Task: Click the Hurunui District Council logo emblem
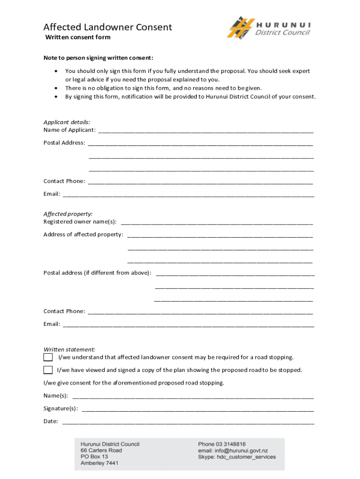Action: pos(240,28)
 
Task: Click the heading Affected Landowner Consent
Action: pos(108,27)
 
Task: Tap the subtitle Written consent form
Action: pos(78,37)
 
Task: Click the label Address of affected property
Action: pos(83,234)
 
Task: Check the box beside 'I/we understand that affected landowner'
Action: pos(48,357)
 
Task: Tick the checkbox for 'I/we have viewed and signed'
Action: pos(48,370)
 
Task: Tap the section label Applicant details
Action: pos(67,122)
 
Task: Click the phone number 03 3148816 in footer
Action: pos(231,444)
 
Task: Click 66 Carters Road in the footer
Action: pos(101,450)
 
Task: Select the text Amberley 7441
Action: pos(99,463)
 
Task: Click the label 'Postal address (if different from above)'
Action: pos(97,273)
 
